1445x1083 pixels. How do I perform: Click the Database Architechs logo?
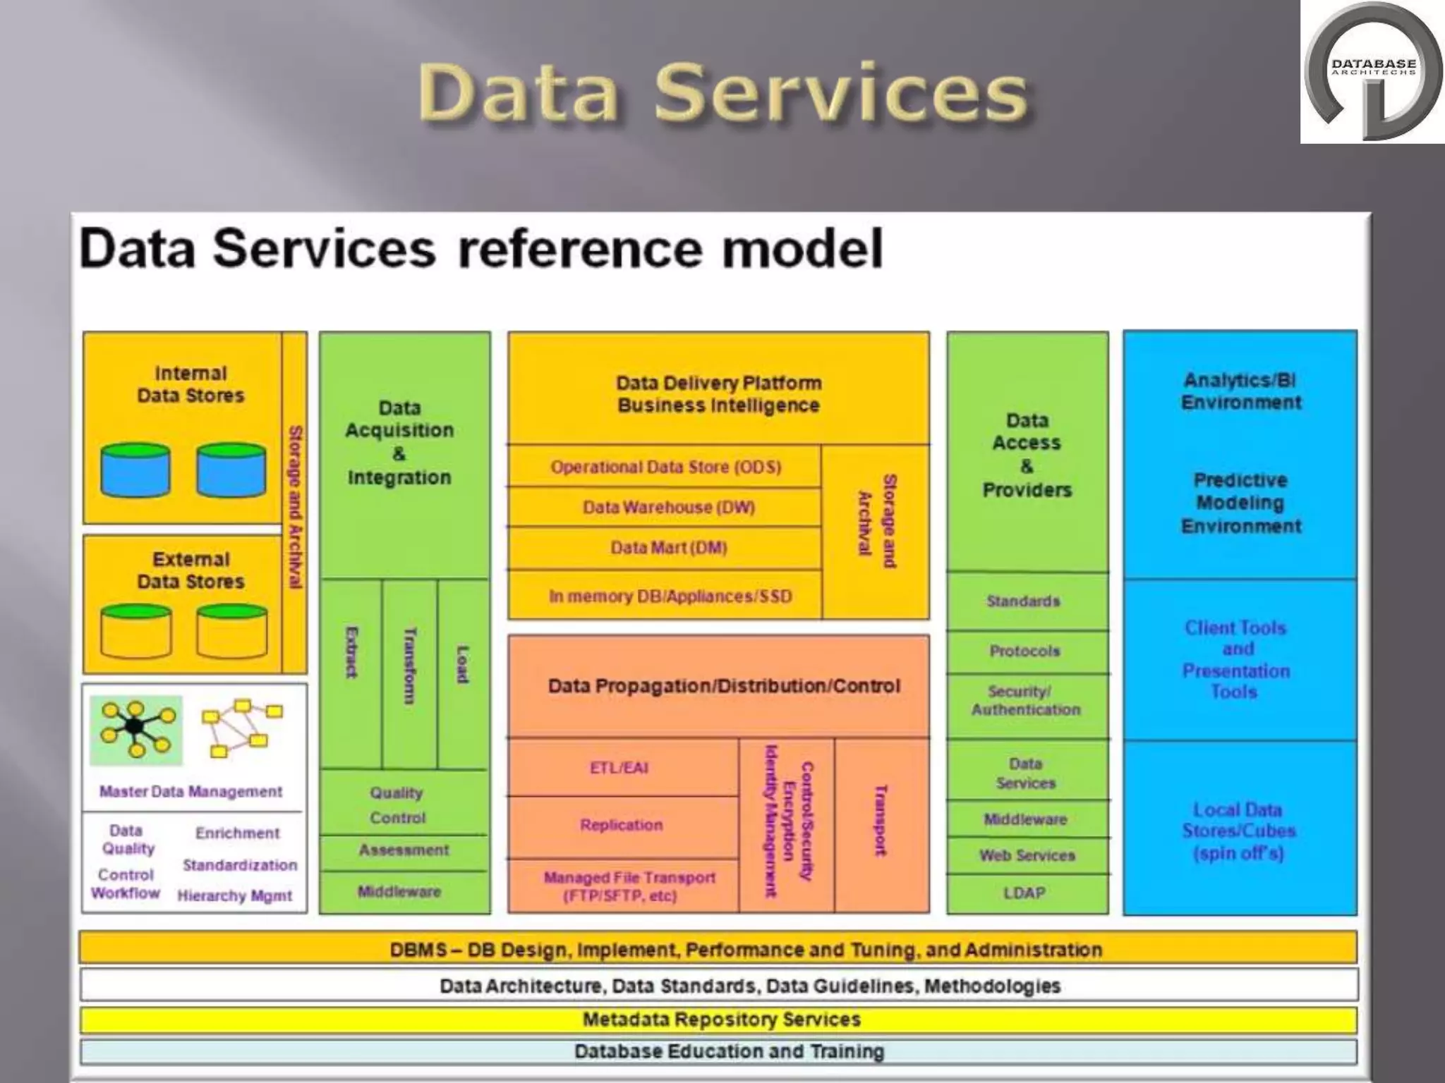point(1372,72)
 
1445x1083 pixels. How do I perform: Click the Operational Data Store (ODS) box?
point(665,467)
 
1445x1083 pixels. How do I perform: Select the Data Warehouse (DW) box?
point(667,507)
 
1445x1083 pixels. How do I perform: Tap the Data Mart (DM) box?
point(667,548)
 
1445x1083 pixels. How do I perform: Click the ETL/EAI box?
point(619,768)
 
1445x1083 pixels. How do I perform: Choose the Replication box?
point(621,825)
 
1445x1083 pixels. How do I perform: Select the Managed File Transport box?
point(628,886)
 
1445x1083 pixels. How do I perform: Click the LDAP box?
point(1024,893)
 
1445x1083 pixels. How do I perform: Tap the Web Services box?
point(1027,855)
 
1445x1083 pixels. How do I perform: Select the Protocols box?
point(1024,651)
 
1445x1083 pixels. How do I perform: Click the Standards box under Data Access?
point(1023,601)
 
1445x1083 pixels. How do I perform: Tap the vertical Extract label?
point(351,652)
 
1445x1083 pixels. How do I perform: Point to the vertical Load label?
point(462,664)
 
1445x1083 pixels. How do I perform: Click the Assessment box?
point(404,850)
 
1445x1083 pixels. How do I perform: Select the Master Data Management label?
point(191,792)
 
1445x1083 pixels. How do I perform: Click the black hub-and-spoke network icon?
point(136,729)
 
